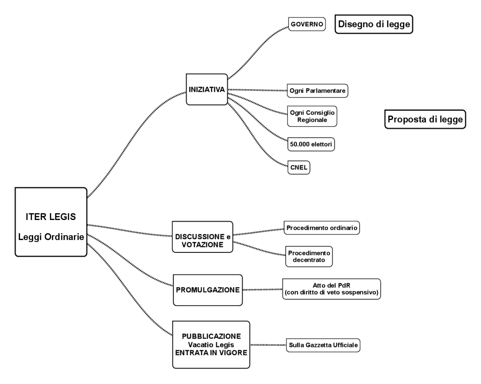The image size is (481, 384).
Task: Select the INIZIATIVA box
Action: point(207,90)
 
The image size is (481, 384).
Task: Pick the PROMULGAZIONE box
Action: point(208,290)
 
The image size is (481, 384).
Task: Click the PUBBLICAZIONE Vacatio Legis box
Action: point(211,345)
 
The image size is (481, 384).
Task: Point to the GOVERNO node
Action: point(307,24)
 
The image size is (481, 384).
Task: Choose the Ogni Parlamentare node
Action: point(317,91)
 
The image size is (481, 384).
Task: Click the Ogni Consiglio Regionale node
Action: point(312,116)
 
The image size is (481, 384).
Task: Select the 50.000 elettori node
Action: point(311,144)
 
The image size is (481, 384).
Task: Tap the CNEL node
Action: point(299,167)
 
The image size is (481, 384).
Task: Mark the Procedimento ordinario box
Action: point(322,228)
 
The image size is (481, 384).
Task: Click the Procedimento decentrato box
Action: point(309,257)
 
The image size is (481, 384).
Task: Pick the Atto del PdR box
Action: point(331,289)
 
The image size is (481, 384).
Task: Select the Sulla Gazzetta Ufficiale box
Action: point(323,345)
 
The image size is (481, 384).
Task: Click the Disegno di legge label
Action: point(374,24)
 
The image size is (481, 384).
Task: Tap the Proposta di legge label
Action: point(425,119)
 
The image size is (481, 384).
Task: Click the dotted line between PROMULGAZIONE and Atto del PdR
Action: point(262,290)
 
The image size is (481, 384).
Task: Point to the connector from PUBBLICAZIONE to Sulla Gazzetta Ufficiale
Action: point(268,345)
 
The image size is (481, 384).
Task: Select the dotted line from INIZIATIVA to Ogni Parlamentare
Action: point(257,90)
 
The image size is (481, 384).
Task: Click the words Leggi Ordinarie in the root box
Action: point(51,237)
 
